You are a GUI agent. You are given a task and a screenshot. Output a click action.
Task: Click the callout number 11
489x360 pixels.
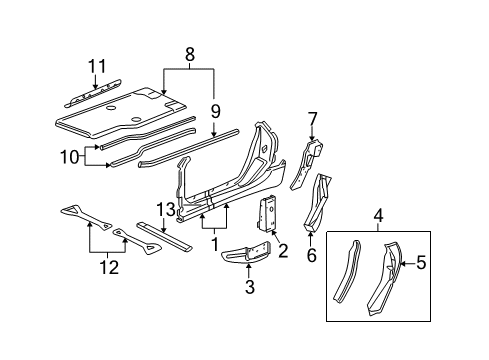point(97,66)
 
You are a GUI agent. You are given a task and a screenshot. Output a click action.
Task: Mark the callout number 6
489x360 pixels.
point(311,255)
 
